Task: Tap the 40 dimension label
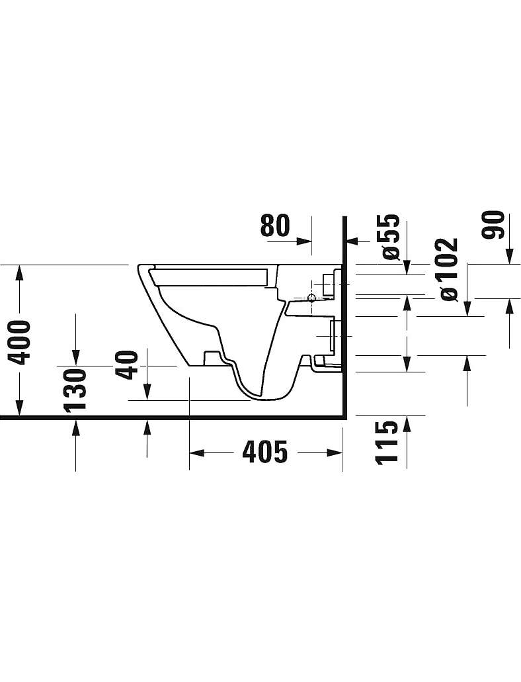pos(129,365)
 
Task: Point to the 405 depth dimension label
pos(265,452)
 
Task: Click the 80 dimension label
pos(275,226)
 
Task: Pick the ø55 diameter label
pos(389,236)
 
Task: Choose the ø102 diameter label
pos(449,269)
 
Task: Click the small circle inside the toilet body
pos(311,298)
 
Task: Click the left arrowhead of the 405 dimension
pos(197,452)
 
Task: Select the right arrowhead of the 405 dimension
pos(334,452)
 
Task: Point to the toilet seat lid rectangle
pos(209,277)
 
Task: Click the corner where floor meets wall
pos(344,418)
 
